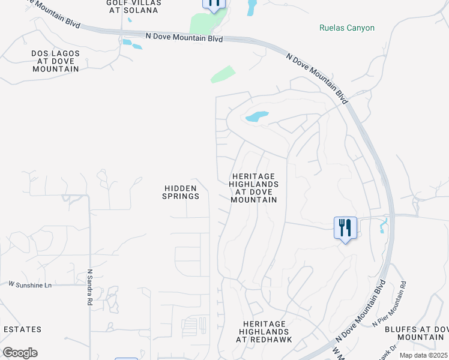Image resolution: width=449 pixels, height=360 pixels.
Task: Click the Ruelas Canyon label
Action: click(347, 28)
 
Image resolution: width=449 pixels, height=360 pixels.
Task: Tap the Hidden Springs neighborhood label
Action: click(181, 192)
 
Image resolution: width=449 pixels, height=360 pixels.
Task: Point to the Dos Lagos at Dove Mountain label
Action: click(55, 61)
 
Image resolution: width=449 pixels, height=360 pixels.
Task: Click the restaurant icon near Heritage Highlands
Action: click(345, 228)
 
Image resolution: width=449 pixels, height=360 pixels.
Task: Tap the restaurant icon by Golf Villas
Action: click(214, 4)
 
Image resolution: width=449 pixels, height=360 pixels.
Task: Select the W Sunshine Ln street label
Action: click(30, 284)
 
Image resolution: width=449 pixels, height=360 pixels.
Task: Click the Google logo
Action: click(20, 353)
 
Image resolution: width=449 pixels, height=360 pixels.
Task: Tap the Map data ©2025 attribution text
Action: click(424, 355)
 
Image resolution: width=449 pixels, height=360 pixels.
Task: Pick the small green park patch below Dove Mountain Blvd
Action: click(222, 74)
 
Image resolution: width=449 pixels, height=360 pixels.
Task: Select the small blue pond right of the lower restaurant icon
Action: click(383, 227)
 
